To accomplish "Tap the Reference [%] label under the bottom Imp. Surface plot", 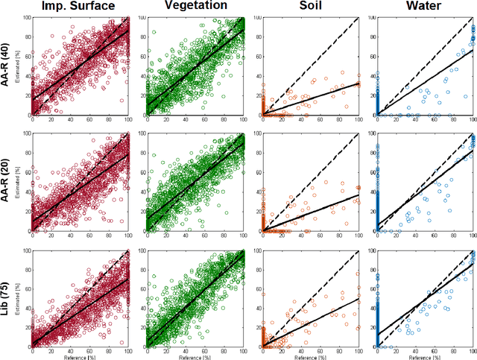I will tap(80, 356).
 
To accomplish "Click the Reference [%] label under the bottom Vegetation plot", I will tap(195, 356).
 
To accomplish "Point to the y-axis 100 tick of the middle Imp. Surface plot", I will tap(25, 134).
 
